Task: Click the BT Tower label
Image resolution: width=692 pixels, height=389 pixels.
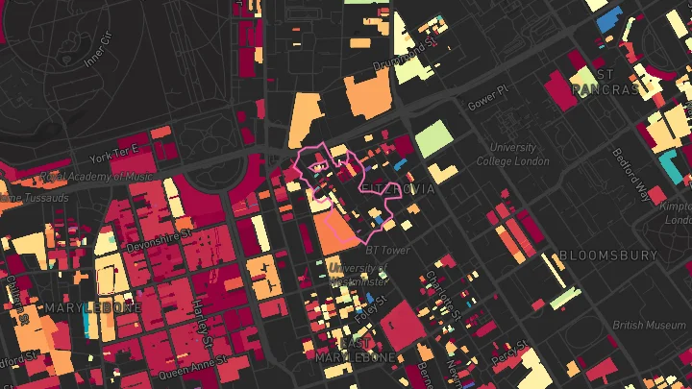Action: [389, 251]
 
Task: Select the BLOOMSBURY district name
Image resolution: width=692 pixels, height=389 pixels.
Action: [608, 255]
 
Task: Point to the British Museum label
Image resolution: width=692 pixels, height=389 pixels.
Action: [650, 325]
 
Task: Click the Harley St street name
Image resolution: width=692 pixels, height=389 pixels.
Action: [200, 321]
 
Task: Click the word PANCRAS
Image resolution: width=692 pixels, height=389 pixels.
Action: [606, 89]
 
